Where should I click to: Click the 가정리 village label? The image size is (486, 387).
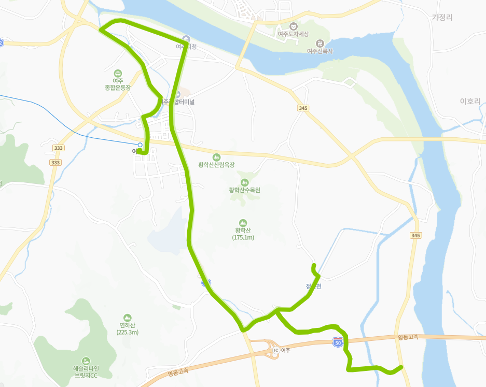[x=442, y=17]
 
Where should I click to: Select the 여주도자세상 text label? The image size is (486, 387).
[x=293, y=34]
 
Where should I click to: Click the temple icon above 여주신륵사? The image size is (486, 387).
[x=320, y=43]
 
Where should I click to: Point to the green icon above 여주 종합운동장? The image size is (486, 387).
[x=118, y=73]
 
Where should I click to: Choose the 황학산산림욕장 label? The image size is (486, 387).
[x=217, y=165]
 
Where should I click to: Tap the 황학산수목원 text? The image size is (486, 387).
[x=244, y=190]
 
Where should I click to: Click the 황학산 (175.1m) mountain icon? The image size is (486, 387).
[x=244, y=223]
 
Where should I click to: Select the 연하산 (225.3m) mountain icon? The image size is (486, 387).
[x=128, y=318]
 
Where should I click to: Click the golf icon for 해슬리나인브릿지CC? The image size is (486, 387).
[x=86, y=361]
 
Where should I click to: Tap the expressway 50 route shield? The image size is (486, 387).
[x=338, y=342]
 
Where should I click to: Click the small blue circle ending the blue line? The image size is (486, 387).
[x=140, y=145]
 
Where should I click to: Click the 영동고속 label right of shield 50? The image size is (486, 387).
[x=408, y=337]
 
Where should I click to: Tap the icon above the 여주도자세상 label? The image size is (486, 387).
[x=293, y=26]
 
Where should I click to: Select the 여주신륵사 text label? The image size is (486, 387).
[x=320, y=51]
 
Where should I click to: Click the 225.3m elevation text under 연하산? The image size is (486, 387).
[x=128, y=332]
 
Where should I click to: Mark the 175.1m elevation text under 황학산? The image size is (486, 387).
[x=243, y=237]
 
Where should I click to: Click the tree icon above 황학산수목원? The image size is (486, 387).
[x=244, y=182]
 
